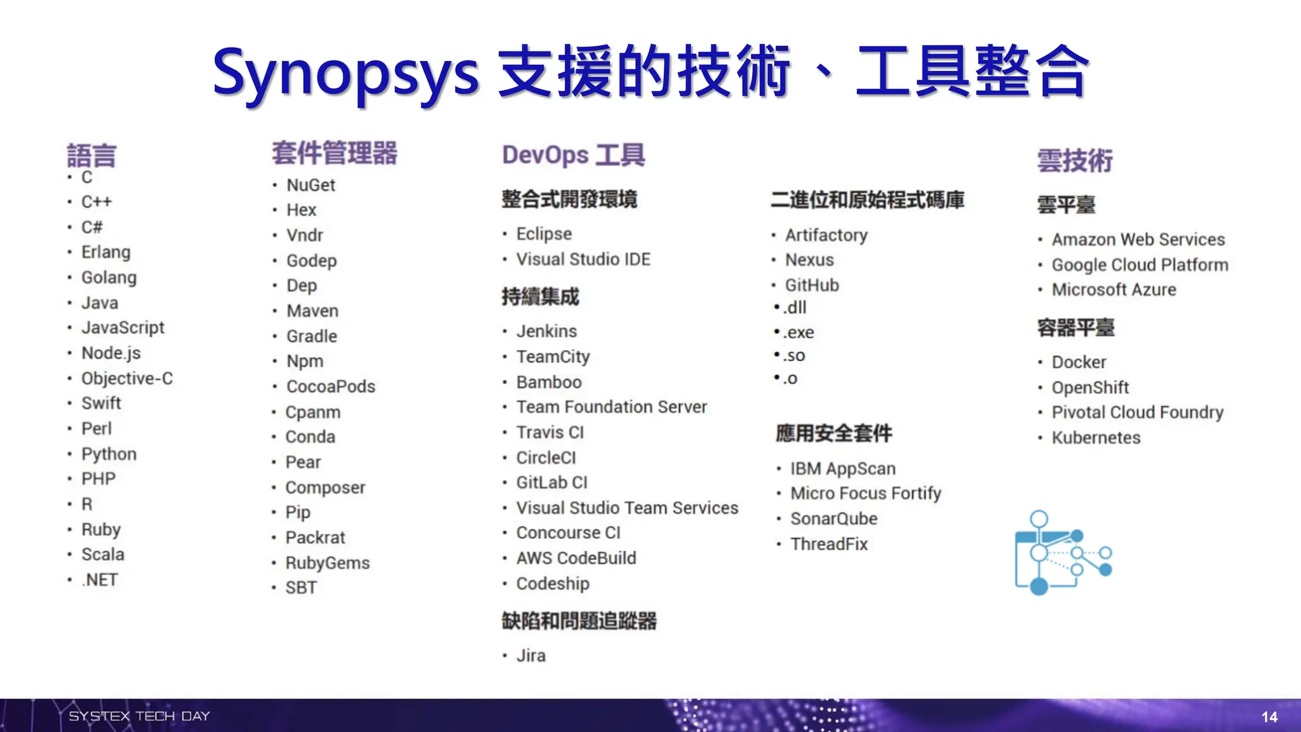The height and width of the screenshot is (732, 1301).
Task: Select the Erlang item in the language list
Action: pos(105,252)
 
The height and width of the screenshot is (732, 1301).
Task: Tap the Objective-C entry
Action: pos(127,379)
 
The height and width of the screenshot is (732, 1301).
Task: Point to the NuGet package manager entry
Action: pos(311,185)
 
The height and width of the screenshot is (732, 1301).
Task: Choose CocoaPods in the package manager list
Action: pos(330,386)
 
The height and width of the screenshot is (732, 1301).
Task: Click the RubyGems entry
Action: pos(327,563)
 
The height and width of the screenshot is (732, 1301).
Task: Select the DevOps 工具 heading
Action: pos(573,155)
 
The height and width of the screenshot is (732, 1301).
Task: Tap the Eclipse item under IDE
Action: pos(544,234)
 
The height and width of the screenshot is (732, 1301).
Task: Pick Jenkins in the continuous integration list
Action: pos(546,331)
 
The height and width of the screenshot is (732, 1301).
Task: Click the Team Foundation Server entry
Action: pos(611,407)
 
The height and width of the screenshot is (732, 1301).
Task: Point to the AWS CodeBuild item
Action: pos(576,558)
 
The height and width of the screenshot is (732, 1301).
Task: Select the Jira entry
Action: pos(530,655)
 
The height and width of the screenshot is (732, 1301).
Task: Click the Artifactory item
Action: pos(826,235)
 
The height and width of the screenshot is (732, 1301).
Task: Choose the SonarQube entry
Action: pos(833,518)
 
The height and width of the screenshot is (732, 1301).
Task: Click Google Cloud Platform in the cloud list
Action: pos(1140,264)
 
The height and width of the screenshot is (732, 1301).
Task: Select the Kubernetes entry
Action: pos(1096,438)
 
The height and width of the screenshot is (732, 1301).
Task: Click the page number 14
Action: pos(1269,717)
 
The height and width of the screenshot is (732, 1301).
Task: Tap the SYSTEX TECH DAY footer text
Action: pos(139,716)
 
